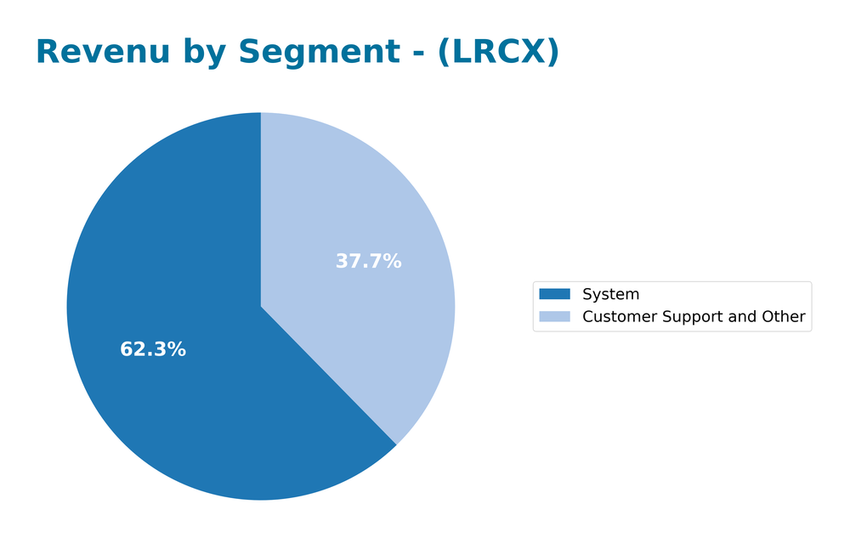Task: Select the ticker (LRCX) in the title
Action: [x=498, y=53]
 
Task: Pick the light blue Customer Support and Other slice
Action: [x=374, y=212]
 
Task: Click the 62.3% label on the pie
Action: [x=153, y=349]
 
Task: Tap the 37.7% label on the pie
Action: [x=368, y=262]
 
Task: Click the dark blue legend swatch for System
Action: [x=554, y=294]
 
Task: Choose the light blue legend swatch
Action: [x=554, y=316]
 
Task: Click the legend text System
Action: [x=610, y=295]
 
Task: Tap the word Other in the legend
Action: [x=783, y=317]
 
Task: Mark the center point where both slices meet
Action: [x=261, y=306]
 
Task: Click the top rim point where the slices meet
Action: [x=261, y=113]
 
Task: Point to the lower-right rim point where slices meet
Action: [x=396, y=445]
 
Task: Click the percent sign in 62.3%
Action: [x=178, y=349]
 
